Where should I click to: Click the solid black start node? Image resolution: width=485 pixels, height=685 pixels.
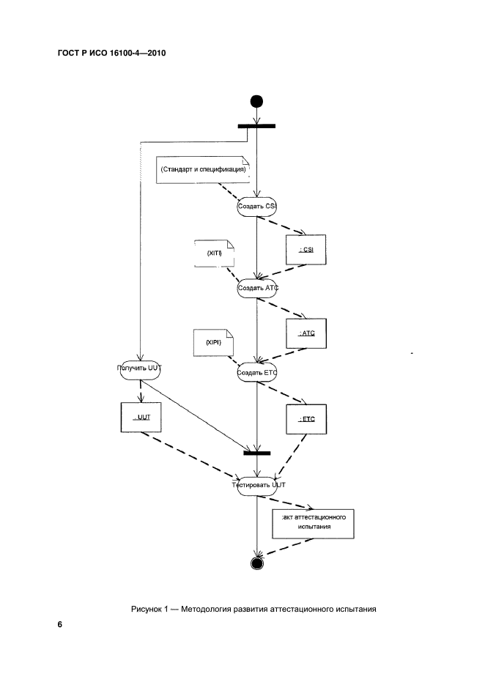pyautogui.click(x=256, y=100)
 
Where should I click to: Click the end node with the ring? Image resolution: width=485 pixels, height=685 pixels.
pyautogui.click(x=256, y=563)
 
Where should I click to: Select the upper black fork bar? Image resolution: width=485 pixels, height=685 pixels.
pyautogui.click(x=256, y=126)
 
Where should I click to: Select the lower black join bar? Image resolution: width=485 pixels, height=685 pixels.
pyautogui.click(x=256, y=452)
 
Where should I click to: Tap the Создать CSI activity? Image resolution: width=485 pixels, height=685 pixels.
pyautogui.click(x=256, y=207)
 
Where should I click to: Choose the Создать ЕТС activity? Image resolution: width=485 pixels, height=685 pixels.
pyautogui.click(x=256, y=372)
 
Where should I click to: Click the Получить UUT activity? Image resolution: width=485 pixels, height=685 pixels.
pyautogui.click(x=139, y=369)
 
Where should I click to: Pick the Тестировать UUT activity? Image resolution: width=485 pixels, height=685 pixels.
pyautogui.click(x=256, y=485)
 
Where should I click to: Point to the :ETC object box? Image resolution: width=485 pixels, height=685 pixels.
pyautogui.click(x=306, y=419)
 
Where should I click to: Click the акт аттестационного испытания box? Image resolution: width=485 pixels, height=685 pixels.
pyautogui.click(x=313, y=521)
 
